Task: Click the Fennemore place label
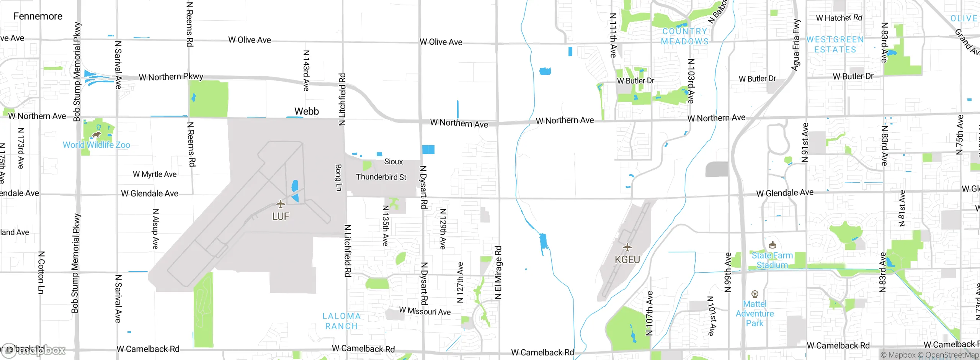[38, 16]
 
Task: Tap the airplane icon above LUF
[281, 204]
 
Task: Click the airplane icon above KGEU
[627, 247]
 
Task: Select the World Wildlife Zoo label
[96, 145]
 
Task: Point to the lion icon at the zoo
[97, 135]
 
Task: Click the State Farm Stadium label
[772, 260]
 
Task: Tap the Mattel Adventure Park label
[755, 313]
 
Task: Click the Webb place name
[307, 111]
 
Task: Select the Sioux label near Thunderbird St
[394, 162]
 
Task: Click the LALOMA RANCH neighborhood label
[341, 321]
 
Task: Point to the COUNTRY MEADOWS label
[685, 36]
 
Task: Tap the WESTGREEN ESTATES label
[835, 44]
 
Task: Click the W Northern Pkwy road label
[171, 77]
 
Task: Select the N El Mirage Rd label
[498, 272]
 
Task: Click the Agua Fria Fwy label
[796, 45]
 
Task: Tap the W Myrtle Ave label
[155, 174]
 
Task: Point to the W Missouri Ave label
[425, 311]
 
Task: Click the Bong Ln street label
[338, 178]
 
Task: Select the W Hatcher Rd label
[839, 18]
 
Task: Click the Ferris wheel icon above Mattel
[755, 294]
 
